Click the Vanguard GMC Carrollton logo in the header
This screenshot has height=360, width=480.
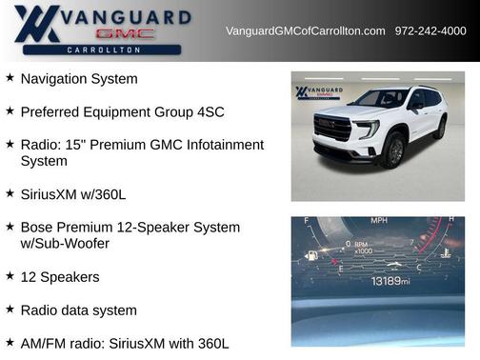tap(102, 30)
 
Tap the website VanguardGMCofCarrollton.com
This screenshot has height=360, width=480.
tap(305, 31)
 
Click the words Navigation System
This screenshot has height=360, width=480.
tap(91, 78)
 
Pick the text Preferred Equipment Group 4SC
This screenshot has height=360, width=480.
tap(122, 111)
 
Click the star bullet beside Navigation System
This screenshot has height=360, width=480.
tap(10, 78)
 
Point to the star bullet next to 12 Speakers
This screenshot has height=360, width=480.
tap(10, 276)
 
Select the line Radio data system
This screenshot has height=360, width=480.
tap(78, 310)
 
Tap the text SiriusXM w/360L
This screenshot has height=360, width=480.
tap(72, 193)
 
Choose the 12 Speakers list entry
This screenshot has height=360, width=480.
tap(59, 276)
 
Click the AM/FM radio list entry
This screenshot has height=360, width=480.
tap(124, 343)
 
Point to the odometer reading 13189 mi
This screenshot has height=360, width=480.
tap(390, 281)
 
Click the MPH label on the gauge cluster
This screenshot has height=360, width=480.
tap(379, 222)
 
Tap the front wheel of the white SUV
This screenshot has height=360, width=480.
tap(391, 150)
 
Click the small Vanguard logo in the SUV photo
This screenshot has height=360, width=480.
tap(312, 93)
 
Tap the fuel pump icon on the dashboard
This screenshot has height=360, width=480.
tap(310, 255)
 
